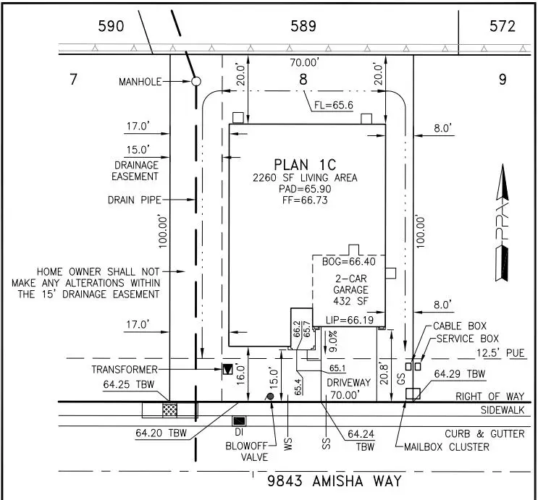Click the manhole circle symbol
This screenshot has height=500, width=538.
(196, 82)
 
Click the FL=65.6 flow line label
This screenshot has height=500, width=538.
(333, 105)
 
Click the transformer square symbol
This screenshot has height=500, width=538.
(229, 369)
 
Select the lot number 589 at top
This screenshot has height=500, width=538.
(303, 27)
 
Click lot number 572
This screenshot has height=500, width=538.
(502, 27)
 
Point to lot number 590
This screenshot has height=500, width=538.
(111, 27)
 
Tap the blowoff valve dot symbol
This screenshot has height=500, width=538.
(270, 397)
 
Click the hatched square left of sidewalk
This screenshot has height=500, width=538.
(169, 410)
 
